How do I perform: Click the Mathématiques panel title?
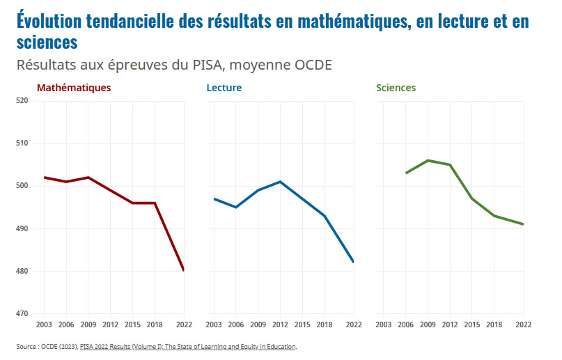click(x=73, y=88)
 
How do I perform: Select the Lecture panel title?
click(x=224, y=88)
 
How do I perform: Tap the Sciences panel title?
click(x=396, y=88)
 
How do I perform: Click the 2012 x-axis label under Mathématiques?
click(x=110, y=325)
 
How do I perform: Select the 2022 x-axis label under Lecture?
click(x=354, y=325)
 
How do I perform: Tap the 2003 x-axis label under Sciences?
click(x=384, y=325)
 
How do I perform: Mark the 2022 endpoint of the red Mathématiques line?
click(x=183, y=270)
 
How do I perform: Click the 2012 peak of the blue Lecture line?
click(x=280, y=182)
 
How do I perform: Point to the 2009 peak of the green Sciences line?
click(x=428, y=160)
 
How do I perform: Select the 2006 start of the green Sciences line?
click(x=406, y=173)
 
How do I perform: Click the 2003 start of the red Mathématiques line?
click(x=45, y=178)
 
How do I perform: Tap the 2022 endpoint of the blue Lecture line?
click(x=354, y=262)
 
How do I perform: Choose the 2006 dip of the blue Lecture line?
click(x=236, y=207)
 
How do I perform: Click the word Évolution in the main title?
click(x=48, y=22)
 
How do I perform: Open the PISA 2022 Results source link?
click(x=188, y=346)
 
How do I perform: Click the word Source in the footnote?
click(x=26, y=346)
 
